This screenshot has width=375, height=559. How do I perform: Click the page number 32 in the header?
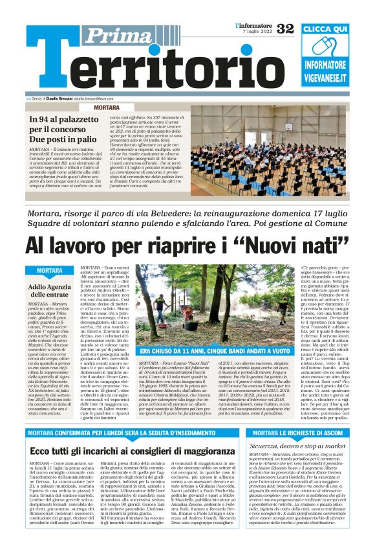click(x=284, y=28)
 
